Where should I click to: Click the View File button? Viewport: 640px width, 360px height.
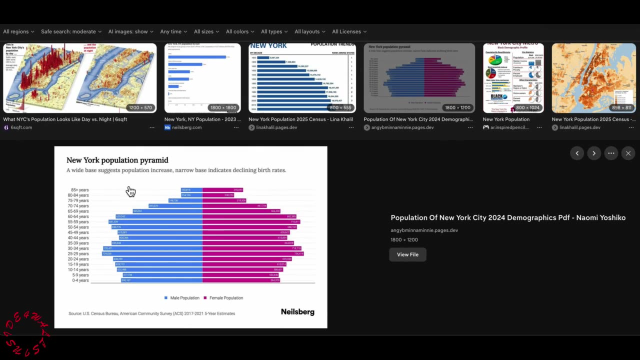click(x=407, y=254)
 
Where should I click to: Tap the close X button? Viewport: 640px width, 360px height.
click(x=628, y=153)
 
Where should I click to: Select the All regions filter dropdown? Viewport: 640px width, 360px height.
click(x=18, y=31)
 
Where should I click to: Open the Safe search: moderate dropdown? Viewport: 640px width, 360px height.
click(x=71, y=31)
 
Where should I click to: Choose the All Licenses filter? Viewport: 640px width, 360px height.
click(x=349, y=31)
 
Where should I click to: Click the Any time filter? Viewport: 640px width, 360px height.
click(x=173, y=31)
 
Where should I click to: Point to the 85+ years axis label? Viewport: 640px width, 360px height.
click(x=80, y=190)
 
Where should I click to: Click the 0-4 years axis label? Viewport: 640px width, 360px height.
click(x=80, y=280)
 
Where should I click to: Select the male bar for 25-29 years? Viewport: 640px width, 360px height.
click(x=152, y=253)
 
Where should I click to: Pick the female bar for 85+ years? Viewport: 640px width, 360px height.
click(x=222, y=190)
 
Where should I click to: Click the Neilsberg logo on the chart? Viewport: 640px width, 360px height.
click(x=297, y=312)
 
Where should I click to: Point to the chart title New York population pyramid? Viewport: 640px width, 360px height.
click(x=117, y=160)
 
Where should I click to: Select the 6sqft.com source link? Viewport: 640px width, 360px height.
click(x=21, y=127)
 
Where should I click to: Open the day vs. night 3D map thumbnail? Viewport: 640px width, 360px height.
click(x=80, y=78)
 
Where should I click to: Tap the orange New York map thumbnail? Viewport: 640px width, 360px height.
click(x=593, y=78)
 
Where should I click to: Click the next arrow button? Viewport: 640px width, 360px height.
click(x=593, y=153)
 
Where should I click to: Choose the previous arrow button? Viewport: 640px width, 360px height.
click(x=577, y=153)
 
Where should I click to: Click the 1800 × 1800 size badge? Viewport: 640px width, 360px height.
click(x=223, y=107)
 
